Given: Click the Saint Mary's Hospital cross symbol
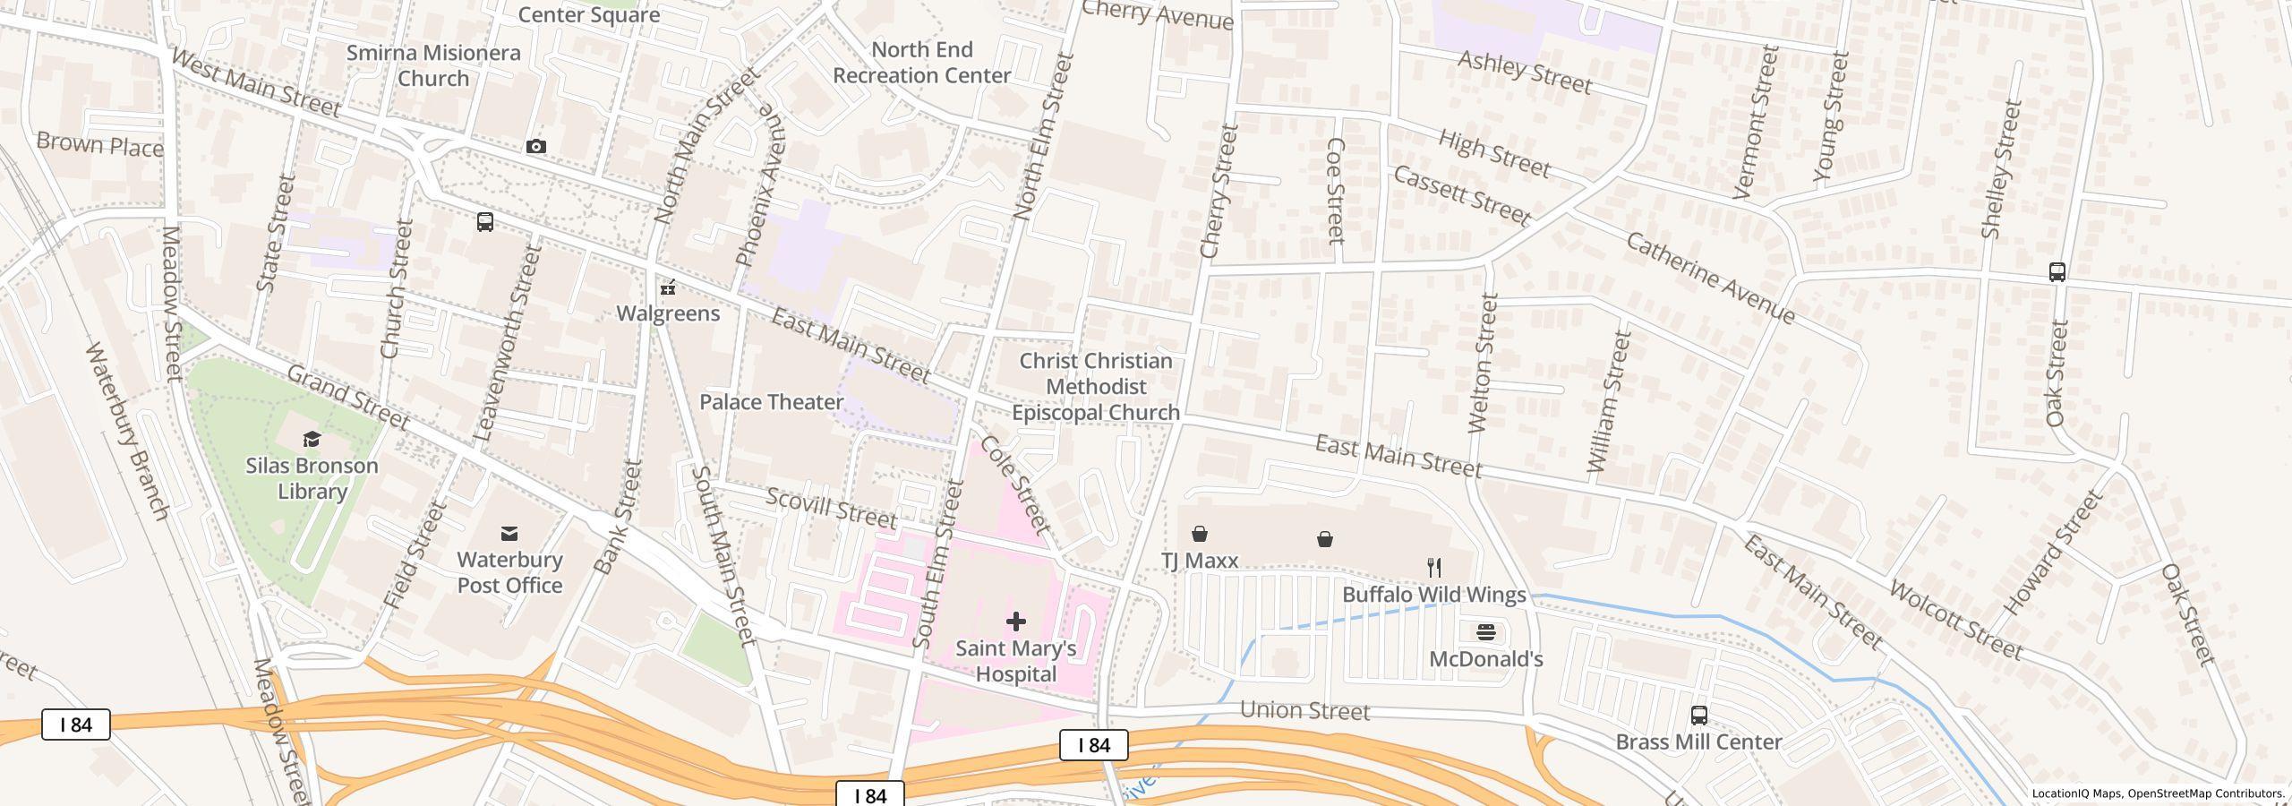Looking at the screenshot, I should click(x=1015, y=621).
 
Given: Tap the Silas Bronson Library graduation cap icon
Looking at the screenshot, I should click(x=312, y=439).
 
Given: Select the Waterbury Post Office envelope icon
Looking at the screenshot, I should click(x=509, y=534).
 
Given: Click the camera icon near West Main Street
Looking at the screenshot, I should click(x=535, y=146).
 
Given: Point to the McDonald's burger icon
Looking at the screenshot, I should click(x=1485, y=632).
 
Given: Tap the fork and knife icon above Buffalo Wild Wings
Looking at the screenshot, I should click(x=1434, y=567).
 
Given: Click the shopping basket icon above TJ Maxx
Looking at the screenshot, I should click(x=1199, y=535).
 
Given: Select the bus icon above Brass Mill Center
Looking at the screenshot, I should click(x=1698, y=715).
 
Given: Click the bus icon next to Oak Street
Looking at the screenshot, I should click(x=2057, y=271).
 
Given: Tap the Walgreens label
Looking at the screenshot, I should click(x=668, y=313).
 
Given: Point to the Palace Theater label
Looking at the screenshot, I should click(x=771, y=402).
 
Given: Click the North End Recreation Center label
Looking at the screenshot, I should click(x=921, y=63).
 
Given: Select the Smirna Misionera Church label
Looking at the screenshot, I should click(x=433, y=65).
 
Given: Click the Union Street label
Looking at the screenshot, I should click(x=1304, y=711).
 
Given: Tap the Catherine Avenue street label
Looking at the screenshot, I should click(x=1709, y=279).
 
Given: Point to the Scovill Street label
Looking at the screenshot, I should click(x=831, y=508).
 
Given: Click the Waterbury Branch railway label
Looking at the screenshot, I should click(x=126, y=430).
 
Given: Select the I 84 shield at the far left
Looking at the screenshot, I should click(x=76, y=725).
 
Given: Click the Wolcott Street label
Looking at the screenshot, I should click(x=1955, y=620).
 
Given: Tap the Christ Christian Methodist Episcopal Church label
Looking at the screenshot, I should click(x=1096, y=387).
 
